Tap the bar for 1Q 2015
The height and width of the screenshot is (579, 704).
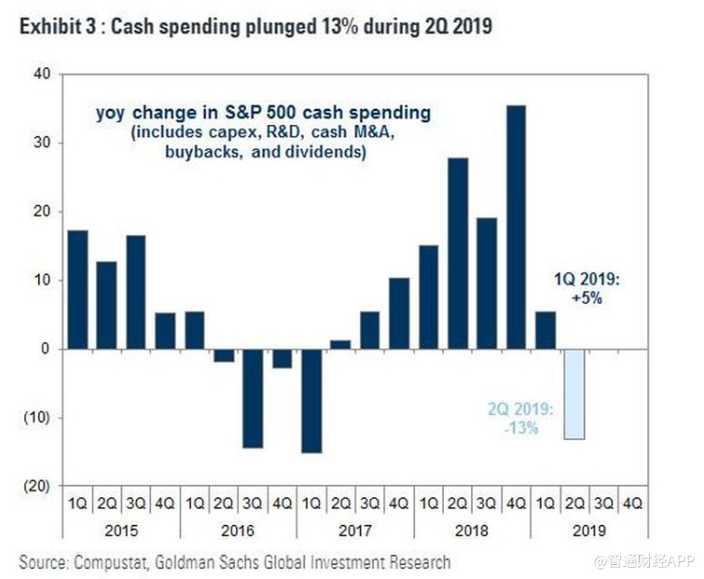(x=78, y=289)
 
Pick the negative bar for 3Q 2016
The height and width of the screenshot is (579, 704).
(x=253, y=398)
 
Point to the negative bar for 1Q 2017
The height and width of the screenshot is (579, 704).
(x=311, y=401)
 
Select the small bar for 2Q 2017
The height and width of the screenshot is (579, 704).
(x=340, y=344)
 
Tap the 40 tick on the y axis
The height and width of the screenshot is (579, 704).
(x=41, y=74)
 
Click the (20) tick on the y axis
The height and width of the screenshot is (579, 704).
(x=36, y=486)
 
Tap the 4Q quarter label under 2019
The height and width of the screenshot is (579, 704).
(x=632, y=504)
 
